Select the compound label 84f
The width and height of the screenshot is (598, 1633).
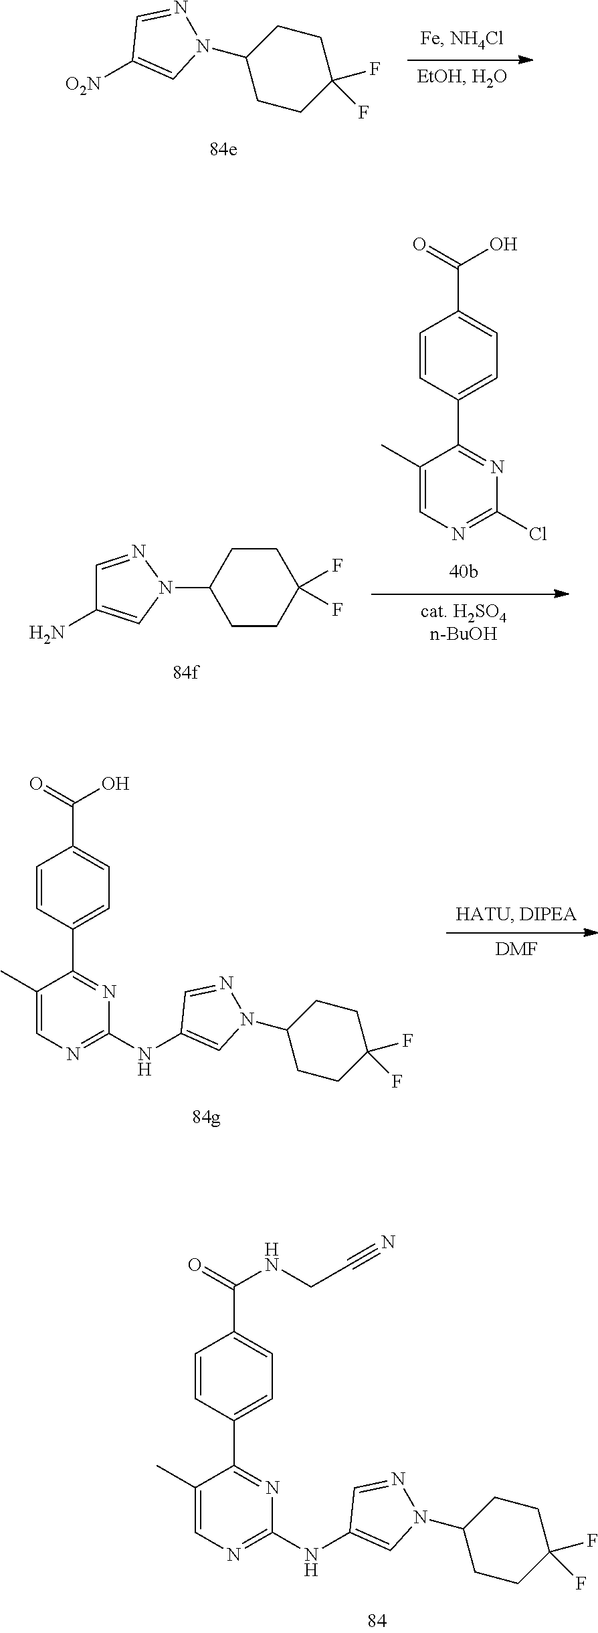coord(186,673)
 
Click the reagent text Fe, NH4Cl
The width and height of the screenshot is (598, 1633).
coord(462,39)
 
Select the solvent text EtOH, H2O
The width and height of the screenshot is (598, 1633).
coord(462,78)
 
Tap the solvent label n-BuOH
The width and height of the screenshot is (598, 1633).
coord(463,634)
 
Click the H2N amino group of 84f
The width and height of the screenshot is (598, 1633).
coord(47,632)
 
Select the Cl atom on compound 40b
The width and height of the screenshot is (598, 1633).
coord(538,534)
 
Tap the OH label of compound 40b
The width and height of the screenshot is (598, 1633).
coord(504,245)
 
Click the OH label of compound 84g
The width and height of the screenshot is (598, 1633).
coord(115,784)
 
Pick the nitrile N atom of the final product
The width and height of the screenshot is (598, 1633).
coord(388,1243)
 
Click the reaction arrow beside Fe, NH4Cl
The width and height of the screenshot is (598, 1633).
coord(470,60)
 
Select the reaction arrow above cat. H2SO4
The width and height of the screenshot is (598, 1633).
coord(470,594)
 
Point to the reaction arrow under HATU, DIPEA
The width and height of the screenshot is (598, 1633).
coord(520,932)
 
